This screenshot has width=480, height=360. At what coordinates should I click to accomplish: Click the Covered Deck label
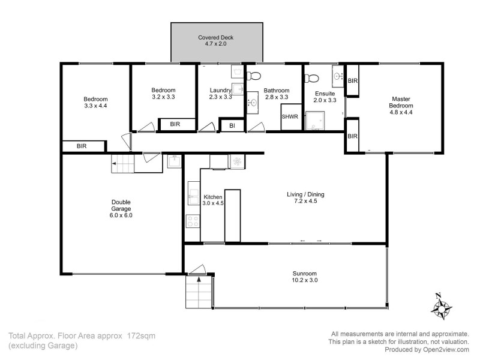coord(217,37)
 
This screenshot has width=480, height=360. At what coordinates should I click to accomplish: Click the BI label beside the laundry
coord(232,126)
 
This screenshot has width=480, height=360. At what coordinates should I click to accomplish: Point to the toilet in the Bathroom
coord(254,76)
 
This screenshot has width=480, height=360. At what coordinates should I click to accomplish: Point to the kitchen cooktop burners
coord(193,221)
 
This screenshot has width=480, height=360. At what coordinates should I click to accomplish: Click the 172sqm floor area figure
coord(141,336)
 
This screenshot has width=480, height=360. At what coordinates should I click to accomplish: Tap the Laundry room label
coord(220,90)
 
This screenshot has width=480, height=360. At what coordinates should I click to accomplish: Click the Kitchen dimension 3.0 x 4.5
coord(213,203)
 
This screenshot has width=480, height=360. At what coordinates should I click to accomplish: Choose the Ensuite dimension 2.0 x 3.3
coord(325,100)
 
